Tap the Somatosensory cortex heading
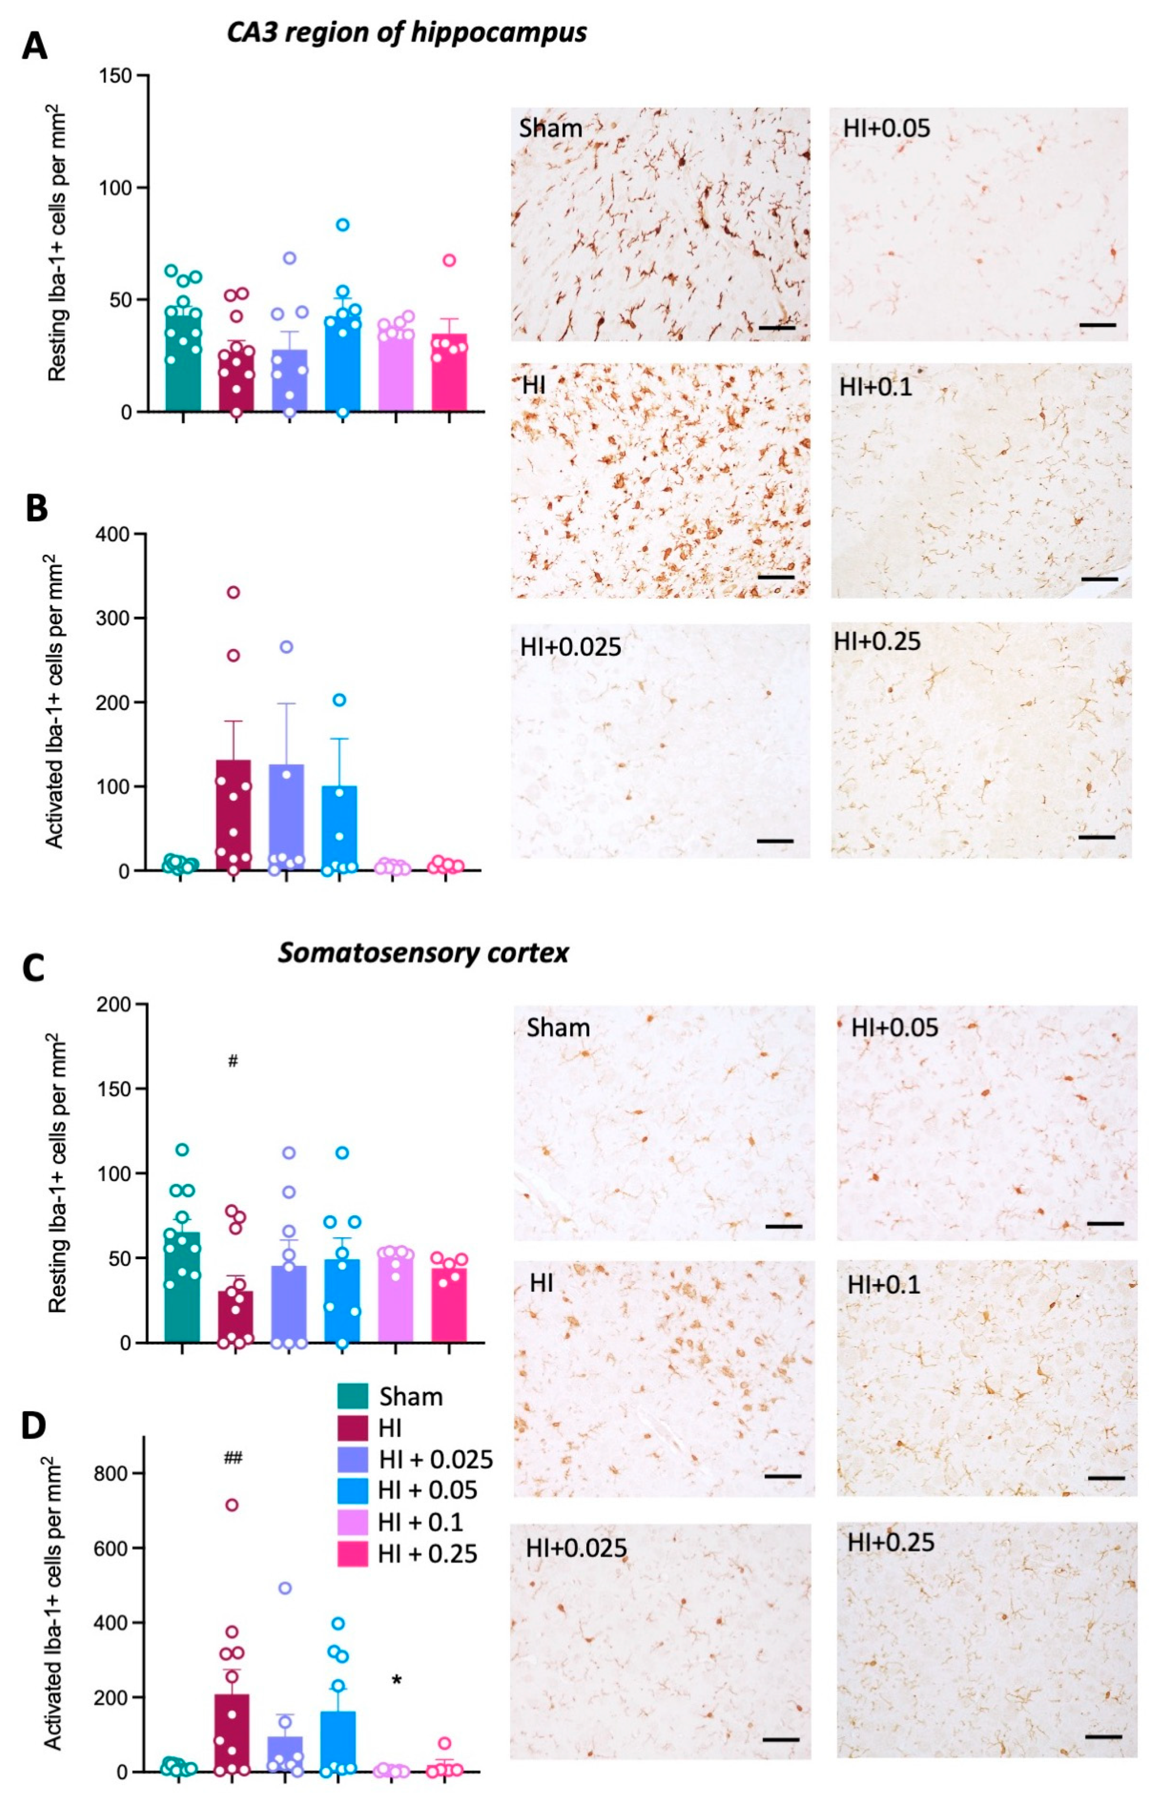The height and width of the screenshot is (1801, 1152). (x=423, y=953)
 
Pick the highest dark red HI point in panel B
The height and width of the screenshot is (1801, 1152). (x=233, y=592)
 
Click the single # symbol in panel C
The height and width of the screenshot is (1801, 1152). (x=233, y=1061)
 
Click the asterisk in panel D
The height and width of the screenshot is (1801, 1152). (x=396, y=1680)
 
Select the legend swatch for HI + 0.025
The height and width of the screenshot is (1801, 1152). (x=352, y=1459)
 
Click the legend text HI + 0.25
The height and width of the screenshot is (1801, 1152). (x=427, y=1554)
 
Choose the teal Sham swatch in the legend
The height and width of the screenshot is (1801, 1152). (x=352, y=1396)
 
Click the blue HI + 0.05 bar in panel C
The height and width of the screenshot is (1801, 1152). (x=342, y=1302)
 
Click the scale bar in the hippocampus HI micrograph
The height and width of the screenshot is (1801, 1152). (x=776, y=577)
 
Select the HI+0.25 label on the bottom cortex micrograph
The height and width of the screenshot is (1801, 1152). (x=890, y=1542)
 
